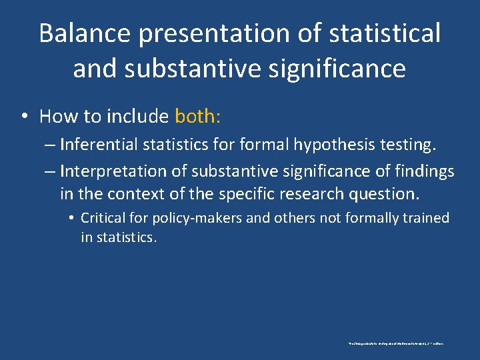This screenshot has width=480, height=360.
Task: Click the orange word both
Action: click(197, 117)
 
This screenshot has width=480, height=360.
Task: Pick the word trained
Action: click(423, 218)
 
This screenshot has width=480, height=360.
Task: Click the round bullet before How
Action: click(24, 117)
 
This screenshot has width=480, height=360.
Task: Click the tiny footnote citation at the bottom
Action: click(397, 344)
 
